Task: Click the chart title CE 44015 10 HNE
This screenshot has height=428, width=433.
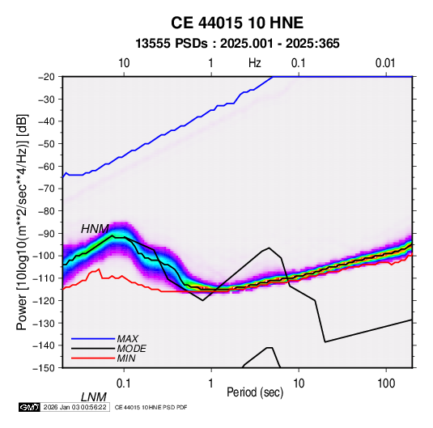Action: tap(237, 23)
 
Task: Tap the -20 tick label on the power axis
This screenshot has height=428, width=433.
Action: tap(46, 77)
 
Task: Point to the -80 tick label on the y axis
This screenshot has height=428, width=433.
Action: tap(46, 211)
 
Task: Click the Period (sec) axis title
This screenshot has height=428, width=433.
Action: tap(255, 392)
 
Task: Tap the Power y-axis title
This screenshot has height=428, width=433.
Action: tap(22, 222)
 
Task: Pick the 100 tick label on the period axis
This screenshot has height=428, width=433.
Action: tap(386, 384)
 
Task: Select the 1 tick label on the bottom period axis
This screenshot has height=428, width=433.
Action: tap(210, 384)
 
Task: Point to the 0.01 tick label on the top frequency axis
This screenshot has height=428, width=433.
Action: tap(385, 63)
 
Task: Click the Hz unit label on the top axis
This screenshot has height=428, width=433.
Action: tap(255, 63)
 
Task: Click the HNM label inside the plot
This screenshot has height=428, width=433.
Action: tap(95, 229)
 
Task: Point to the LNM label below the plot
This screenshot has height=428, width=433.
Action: tap(93, 397)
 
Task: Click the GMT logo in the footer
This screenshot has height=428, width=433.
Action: tap(30, 407)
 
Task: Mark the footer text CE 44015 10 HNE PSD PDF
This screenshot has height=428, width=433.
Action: tap(151, 407)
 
